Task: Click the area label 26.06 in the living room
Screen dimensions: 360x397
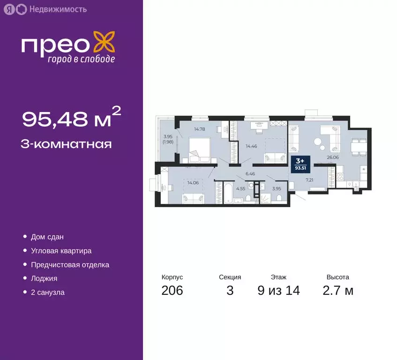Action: pyautogui.click(x=333, y=157)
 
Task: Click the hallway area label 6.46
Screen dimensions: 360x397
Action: pyautogui.click(x=250, y=174)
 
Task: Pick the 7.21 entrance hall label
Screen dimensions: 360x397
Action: pyautogui.click(x=309, y=180)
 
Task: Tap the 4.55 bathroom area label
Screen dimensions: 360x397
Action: pyautogui.click(x=240, y=188)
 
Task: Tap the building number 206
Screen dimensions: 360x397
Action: pyautogui.click(x=172, y=291)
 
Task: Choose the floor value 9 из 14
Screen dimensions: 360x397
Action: pyautogui.click(x=278, y=291)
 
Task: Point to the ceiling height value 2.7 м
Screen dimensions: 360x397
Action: pyautogui.click(x=338, y=291)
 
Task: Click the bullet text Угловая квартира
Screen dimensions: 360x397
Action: pyautogui.click(x=61, y=251)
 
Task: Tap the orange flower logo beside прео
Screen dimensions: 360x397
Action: pyautogui.click(x=104, y=42)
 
